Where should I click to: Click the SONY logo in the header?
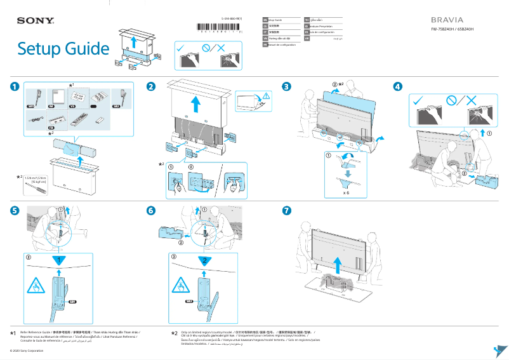[x=35, y=21]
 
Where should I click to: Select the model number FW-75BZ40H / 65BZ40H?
[x=452, y=29]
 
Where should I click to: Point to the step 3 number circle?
[x=287, y=86]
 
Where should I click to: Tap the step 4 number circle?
[x=397, y=86]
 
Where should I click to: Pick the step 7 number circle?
[x=287, y=210]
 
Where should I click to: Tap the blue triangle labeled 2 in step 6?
[x=203, y=260]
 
